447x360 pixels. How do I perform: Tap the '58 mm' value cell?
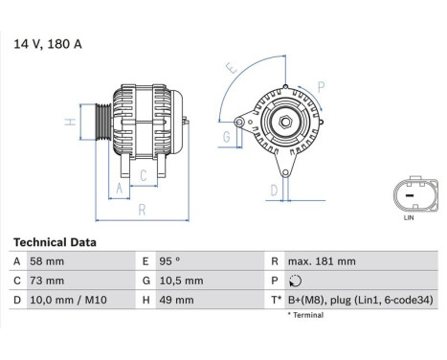click(x=49, y=261)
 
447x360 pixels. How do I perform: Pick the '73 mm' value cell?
click(x=49, y=281)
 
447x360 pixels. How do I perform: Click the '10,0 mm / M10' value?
click(x=69, y=300)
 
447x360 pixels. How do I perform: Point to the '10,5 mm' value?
click(x=181, y=281)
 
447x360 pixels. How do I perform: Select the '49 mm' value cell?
click(x=176, y=300)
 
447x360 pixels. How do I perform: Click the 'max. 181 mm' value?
click(x=322, y=261)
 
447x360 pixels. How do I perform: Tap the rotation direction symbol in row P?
click(x=293, y=281)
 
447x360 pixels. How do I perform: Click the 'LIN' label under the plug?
click(x=410, y=218)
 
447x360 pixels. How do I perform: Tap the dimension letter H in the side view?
click(x=70, y=122)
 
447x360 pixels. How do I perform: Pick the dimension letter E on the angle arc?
click(x=230, y=69)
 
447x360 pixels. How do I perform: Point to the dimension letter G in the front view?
click(x=226, y=137)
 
